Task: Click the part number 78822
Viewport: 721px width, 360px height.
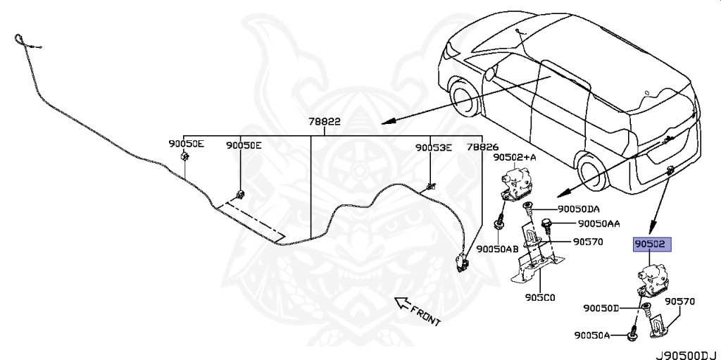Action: tap(324, 121)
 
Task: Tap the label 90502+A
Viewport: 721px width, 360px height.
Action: tap(514, 158)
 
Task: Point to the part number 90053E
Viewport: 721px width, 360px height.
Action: tap(433, 147)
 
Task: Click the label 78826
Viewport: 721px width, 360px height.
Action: tap(482, 147)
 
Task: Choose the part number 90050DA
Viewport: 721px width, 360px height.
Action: tap(579, 209)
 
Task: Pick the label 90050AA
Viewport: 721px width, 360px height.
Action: tap(598, 224)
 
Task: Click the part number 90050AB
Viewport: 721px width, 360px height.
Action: tap(497, 248)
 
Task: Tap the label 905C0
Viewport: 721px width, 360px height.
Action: tap(540, 297)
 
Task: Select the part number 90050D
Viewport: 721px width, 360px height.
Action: tap(601, 308)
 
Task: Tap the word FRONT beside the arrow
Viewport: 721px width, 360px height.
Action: tap(427, 316)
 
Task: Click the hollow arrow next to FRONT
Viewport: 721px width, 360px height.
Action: tap(403, 304)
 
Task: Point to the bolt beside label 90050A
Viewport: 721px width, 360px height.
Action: tap(632, 335)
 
